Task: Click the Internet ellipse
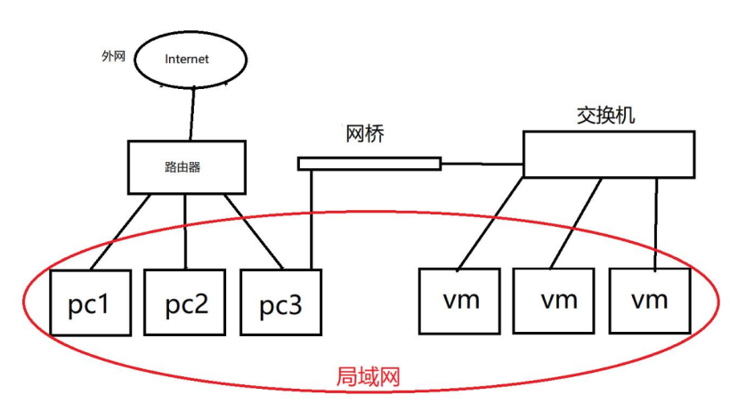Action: point(187,59)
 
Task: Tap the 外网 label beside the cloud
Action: point(113,55)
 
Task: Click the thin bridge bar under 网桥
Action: point(369,163)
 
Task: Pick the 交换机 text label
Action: point(605,116)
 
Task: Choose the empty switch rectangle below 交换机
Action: point(607,153)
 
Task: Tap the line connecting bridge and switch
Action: point(481,163)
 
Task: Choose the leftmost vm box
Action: point(461,302)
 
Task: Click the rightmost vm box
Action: point(650,302)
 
